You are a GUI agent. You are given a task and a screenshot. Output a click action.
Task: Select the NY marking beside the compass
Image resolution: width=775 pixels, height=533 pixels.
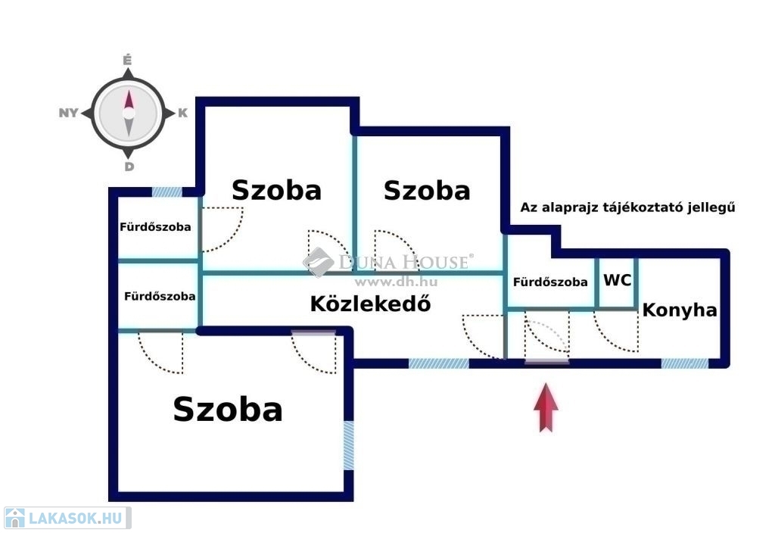(69, 114)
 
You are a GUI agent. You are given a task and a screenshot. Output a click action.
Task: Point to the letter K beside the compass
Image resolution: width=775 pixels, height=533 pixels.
(182, 114)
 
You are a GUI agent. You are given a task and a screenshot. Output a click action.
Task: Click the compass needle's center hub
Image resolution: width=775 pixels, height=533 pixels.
(129, 114)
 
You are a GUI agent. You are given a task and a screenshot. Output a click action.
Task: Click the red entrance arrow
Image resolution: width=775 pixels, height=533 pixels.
(546, 408)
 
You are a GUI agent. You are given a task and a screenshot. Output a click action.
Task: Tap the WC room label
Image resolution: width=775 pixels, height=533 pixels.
(617, 280)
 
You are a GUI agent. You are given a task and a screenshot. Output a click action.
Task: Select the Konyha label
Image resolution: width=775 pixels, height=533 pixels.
(680, 310)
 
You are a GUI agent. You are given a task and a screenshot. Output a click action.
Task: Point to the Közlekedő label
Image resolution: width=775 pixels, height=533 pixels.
(371, 304)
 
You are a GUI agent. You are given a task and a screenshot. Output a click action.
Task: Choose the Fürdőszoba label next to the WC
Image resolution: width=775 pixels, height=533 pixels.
(550, 282)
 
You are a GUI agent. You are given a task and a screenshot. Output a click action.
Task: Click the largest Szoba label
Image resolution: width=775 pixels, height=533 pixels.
(228, 409)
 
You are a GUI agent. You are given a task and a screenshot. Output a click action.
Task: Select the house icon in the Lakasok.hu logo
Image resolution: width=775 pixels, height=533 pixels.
(14, 519)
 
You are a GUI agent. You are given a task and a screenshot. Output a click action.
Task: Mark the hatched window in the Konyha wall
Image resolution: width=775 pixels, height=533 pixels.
(685, 363)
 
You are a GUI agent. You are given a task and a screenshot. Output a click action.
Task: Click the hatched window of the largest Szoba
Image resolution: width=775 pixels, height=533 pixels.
(348, 445)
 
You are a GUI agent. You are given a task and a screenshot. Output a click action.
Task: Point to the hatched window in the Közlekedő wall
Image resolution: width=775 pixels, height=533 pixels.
(439, 363)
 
